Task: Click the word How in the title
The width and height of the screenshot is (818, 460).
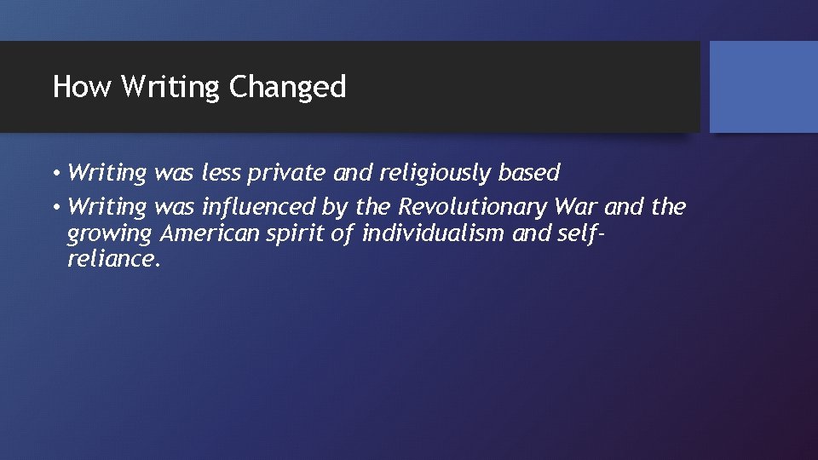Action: [82, 87]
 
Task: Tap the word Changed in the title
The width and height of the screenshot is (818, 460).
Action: [288, 87]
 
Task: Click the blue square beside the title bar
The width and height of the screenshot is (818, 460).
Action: [763, 87]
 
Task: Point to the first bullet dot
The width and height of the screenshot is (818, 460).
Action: [55, 174]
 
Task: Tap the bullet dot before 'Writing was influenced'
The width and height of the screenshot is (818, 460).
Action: [55, 207]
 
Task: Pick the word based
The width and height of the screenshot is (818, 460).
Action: [528, 174]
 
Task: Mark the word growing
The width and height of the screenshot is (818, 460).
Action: [108, 233]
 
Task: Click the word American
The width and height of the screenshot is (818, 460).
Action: [208, 233]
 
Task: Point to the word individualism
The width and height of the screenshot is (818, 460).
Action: [434, 233]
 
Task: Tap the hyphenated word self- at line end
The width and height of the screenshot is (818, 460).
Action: [579, 233]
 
